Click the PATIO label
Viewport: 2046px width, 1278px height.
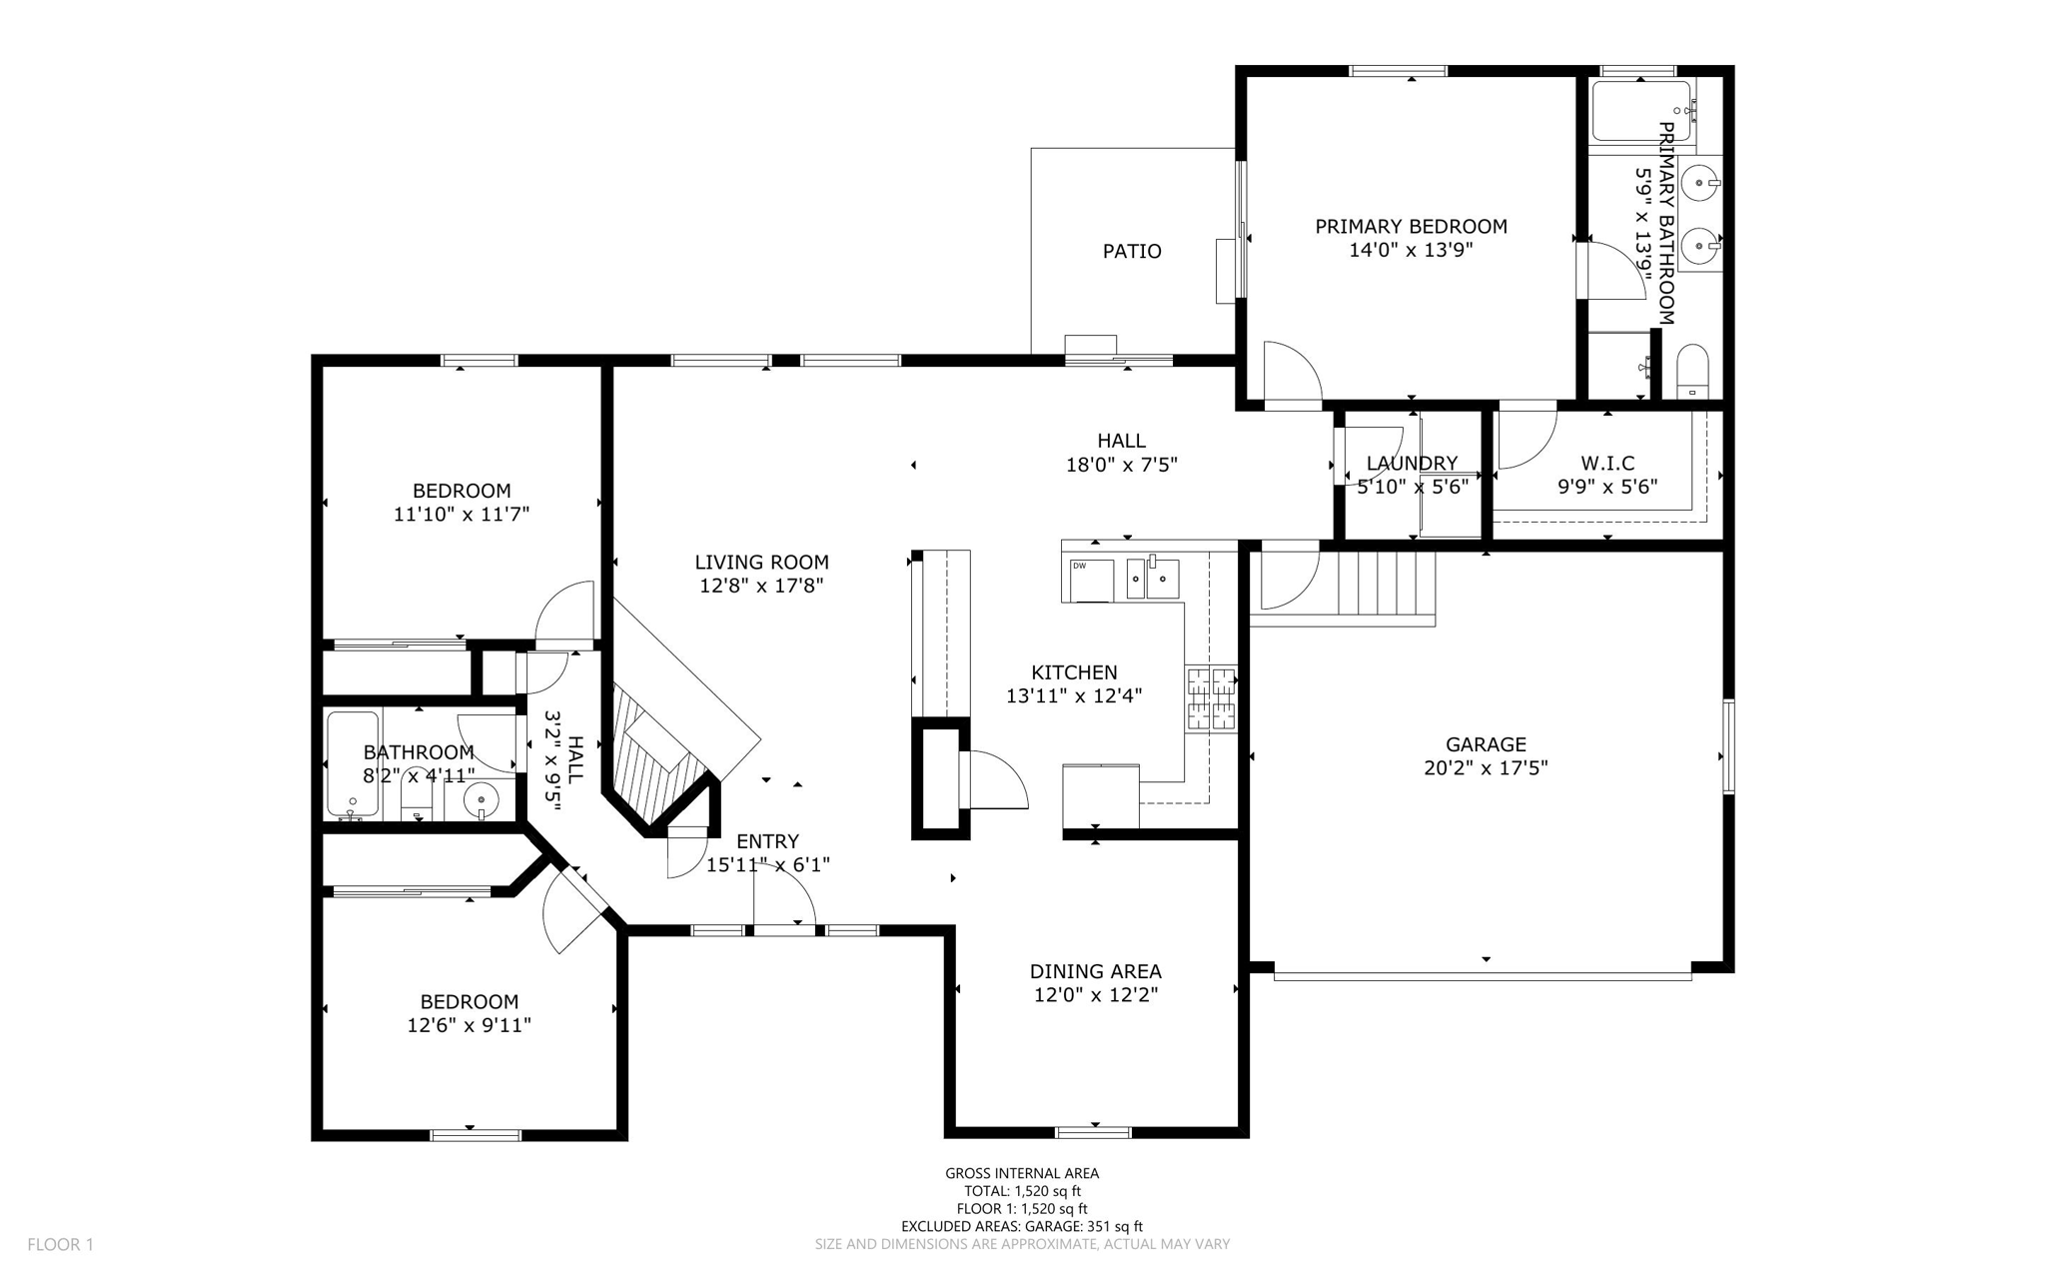tap(1131, 252)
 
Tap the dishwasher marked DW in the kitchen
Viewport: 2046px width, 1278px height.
tap(1091, 581)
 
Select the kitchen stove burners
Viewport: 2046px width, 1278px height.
tap(1211, 698)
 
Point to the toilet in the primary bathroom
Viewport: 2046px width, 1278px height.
tap(1692, 371)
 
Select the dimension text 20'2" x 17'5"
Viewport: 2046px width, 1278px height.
tap(1486, 768)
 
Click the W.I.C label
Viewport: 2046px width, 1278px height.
tap(1607, 464)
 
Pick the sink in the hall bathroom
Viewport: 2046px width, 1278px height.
tap(482, 799)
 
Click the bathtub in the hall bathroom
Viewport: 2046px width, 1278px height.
tap(353, 764)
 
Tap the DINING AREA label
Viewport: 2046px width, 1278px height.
tap(1095, 971)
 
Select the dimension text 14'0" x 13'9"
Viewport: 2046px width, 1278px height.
tap(1411, 251)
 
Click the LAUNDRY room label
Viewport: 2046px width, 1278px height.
tap(1412, 464)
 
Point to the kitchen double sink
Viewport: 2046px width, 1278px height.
tap(1153, 579)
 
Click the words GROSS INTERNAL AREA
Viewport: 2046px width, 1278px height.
tap(1022, 1173)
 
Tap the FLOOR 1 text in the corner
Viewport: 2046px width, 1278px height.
tap(60, 1244)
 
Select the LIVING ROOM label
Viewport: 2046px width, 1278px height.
tap(761, 563)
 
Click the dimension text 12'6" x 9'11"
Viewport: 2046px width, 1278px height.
tap(469, 1025)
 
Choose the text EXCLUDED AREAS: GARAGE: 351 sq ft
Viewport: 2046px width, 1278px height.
tap(1022, 1226)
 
